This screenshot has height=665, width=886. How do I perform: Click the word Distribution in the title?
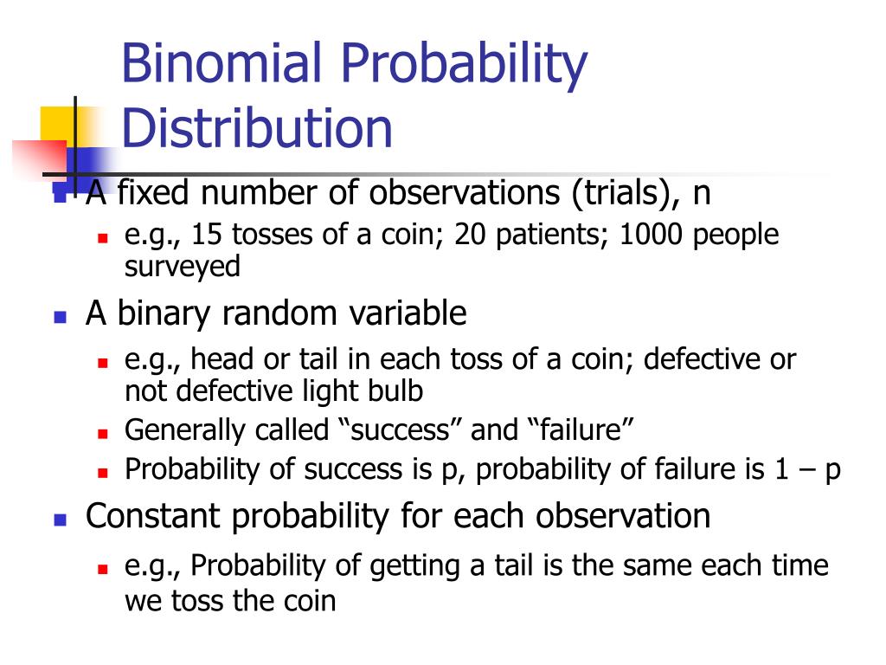pyautogui.click(x=257, y=127)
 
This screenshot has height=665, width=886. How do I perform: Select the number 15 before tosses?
pyautogui.click(x=207, y=235)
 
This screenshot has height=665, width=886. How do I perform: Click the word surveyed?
pyautogui.click(x=182, y=267)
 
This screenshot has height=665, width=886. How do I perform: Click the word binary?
pyautogui.click(x=165, y=313)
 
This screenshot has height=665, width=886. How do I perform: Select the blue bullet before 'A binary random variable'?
pyautogui.click(x=60, y=316)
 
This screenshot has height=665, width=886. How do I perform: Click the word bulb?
pyautogui.click(x=396, y=391)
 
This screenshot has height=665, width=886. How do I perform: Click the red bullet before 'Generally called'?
pyautogui.click(x=101, y=431)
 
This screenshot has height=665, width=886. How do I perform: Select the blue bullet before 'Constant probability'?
pyautogui.click(x=60, y=520)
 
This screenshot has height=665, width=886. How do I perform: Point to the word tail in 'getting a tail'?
pyautogui.click(x=496, y=566)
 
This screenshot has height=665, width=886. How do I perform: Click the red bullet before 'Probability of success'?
pyautogui.click(x=101, y=471)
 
